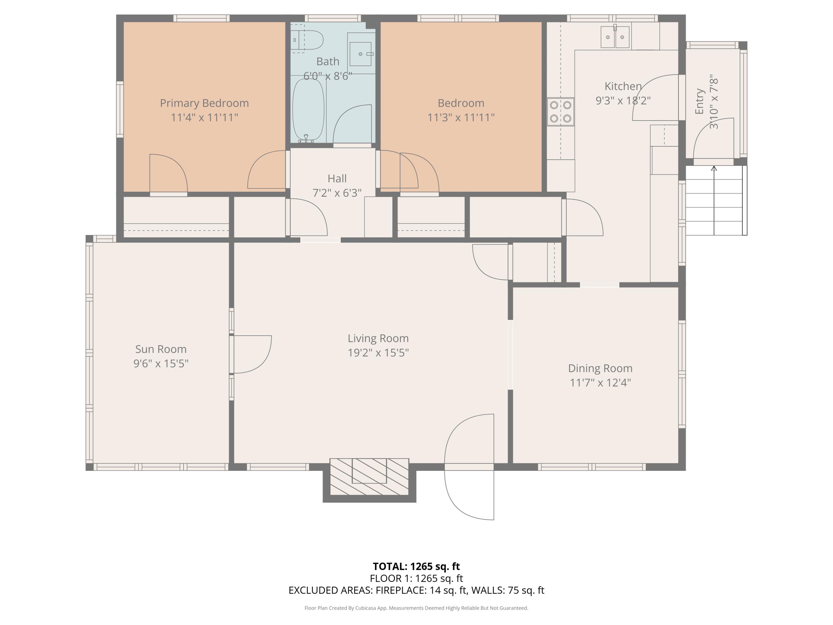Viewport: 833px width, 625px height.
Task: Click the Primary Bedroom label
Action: pyautogui.click(x=204, y=103)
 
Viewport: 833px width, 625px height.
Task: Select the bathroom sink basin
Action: pyautogui.click(x=360, y=54)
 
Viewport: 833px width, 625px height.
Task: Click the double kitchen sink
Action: pyautogui.click(x=614, y=37)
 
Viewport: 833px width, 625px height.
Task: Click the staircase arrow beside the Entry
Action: pyautogui.click(x=714, y=200)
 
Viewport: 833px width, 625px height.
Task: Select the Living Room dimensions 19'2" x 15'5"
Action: pyautogui.click(x=378, y=352)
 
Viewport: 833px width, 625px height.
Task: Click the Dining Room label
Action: pyautogui.click(x=600, y=368)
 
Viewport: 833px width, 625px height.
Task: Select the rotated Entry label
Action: pyautogui.click(x=699, y=101)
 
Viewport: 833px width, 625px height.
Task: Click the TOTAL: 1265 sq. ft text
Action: pyautogui.click(x=416, y=566)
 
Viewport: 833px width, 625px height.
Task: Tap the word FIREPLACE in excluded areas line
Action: pyautogui.click(x=401, y=590)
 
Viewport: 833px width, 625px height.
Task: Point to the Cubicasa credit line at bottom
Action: pyautogui.click(x=416, y=608)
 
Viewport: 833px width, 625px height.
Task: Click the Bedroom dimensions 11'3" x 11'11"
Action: pyautogui.click(x=461, y=117)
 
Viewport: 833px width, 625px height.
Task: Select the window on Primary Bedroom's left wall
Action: pyautogui.click(x=120, y=109)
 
